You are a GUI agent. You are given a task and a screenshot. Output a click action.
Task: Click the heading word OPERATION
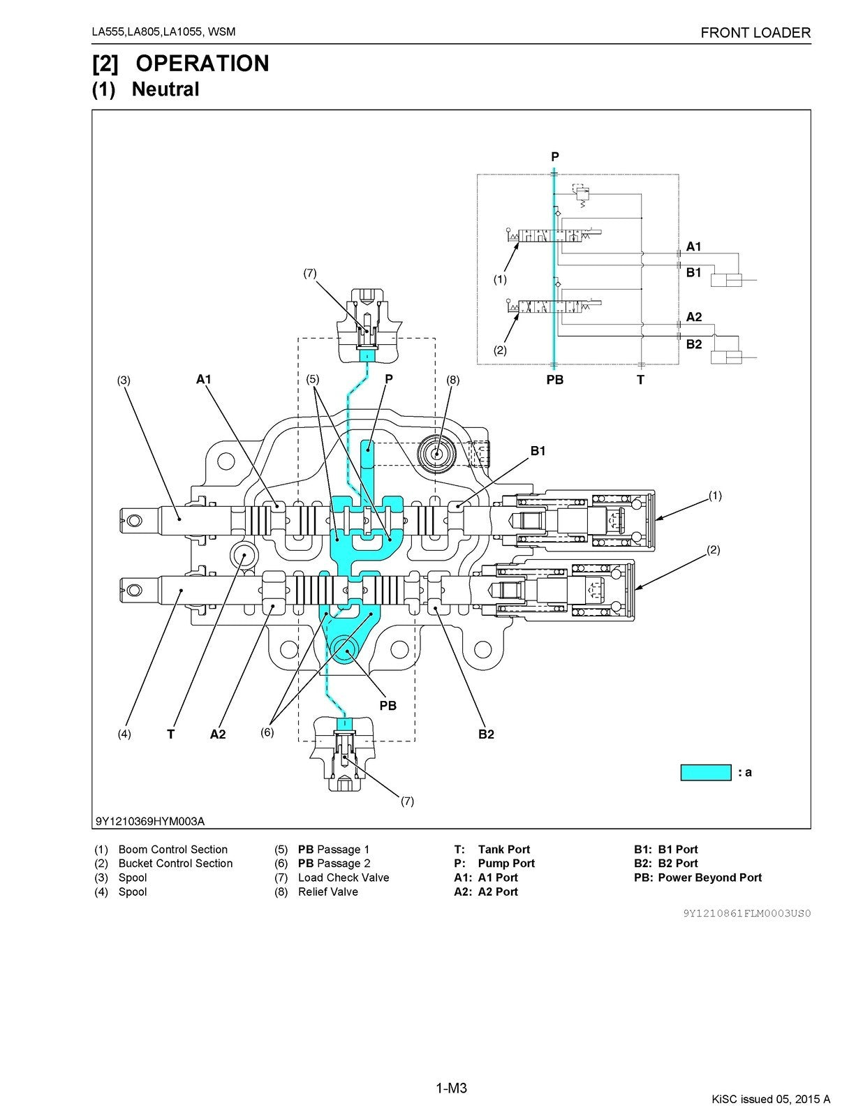coord(202,64)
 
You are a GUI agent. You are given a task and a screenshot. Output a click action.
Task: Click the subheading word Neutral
coord(165,89)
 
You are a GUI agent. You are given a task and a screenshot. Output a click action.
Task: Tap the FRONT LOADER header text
coord(755,33)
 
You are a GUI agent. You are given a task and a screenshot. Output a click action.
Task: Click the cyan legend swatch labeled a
coord(705,772)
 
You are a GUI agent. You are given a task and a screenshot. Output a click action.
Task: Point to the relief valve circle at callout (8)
coord(436,454)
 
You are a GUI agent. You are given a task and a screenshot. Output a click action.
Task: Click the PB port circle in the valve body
coord(345,649)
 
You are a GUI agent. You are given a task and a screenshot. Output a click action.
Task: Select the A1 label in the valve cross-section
coord(203,379)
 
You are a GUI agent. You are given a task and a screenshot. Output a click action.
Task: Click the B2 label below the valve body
coord(486,734)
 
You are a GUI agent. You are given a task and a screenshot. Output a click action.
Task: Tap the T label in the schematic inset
coord(640,380)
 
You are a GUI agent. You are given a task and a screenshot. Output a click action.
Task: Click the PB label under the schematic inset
coord(554,380)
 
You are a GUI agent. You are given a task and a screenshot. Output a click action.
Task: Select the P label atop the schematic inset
coord(555,157)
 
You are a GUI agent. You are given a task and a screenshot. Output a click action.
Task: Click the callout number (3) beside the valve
coord(124,380)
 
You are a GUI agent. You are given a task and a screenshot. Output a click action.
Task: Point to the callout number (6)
coord(267,732)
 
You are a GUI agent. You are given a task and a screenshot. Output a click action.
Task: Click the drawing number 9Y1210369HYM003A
coord(150,821)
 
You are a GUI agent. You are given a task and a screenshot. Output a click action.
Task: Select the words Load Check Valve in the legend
coord(344,878)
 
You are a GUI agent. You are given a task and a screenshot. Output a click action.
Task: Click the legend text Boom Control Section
coord(172,850)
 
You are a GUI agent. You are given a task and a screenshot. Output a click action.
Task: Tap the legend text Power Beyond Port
coord(709,878)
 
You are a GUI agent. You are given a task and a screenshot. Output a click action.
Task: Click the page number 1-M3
coord(451,1088)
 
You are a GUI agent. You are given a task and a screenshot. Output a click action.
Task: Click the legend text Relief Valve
coord(327,892)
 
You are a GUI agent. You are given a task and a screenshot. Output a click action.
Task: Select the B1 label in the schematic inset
coord(693,273)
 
